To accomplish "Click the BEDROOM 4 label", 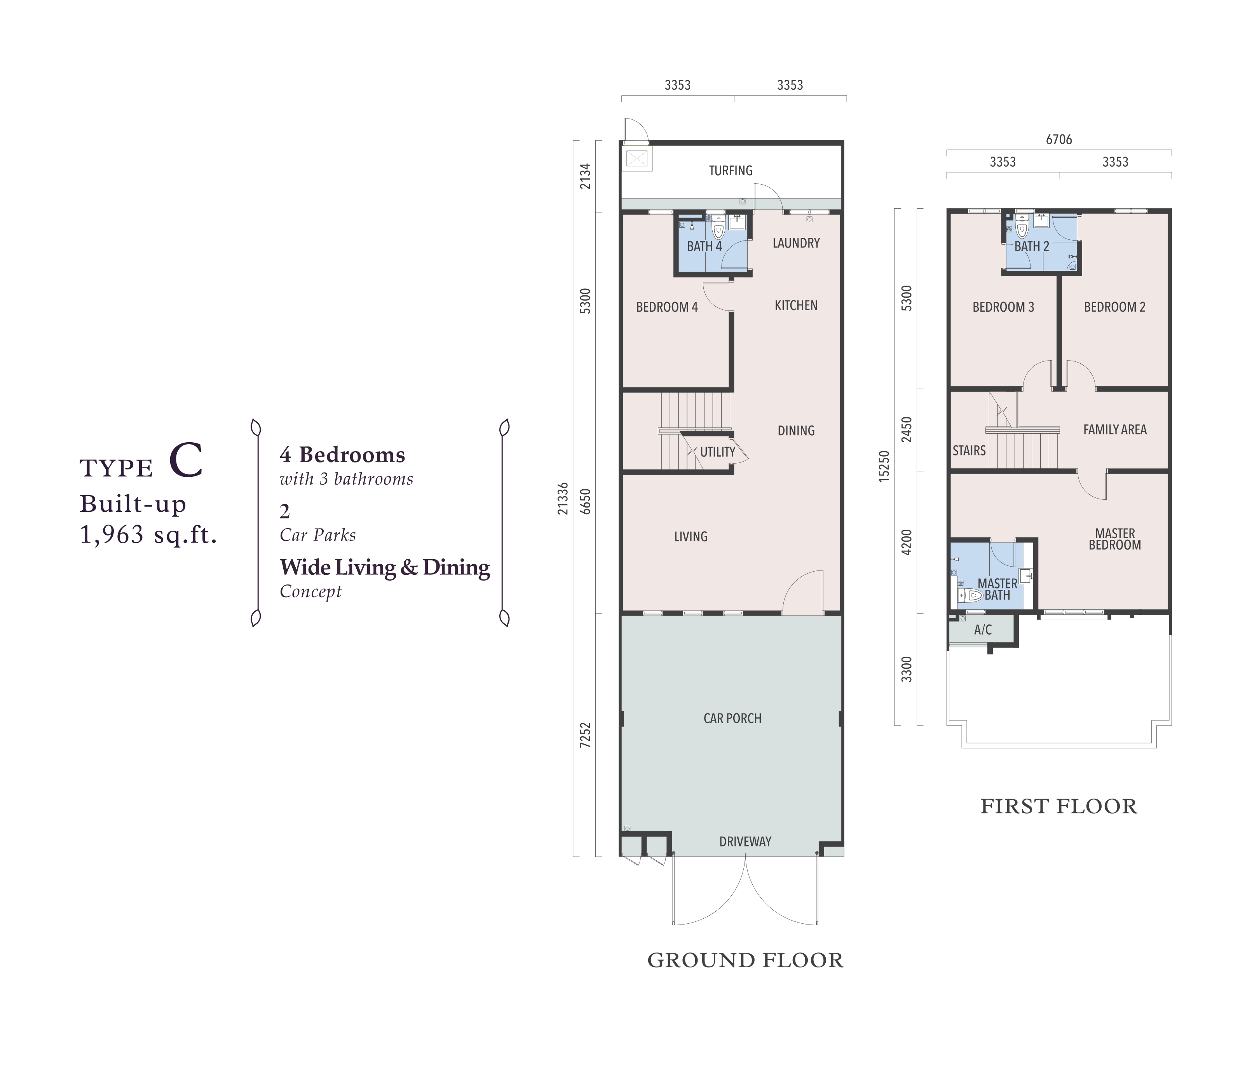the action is [666, 307].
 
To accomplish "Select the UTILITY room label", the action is [717, 452].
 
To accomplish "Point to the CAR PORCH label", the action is [732, 718].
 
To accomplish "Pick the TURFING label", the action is [731, 171].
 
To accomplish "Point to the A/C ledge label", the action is [983, 630].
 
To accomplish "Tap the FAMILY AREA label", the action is [1114, 429].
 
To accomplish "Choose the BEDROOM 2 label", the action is [1114, 307].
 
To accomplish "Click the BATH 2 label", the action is [1032, 246].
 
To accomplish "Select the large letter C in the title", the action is [186, 461].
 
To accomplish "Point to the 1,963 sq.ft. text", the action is [148, 534].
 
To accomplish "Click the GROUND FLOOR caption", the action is [745, 960].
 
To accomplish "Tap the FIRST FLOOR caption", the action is [1059, 806].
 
